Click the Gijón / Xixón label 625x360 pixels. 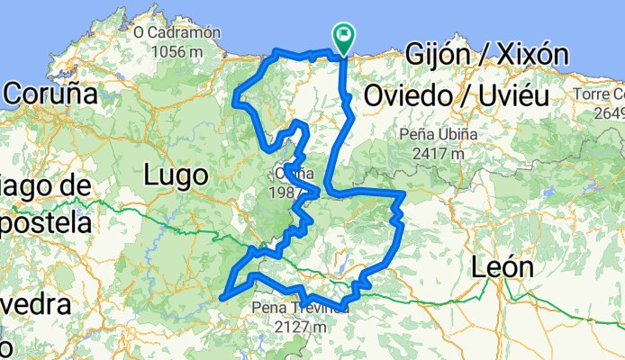486,55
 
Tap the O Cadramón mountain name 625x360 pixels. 177,32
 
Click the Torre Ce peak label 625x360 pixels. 598,94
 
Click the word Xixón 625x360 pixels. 531,55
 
